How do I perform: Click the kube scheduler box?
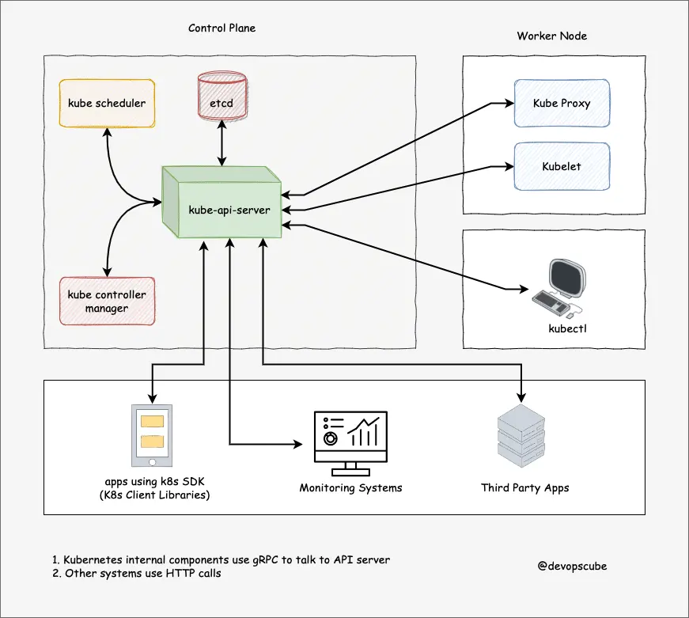click(x=107, y=103)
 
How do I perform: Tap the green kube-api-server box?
click(x=225, y=207)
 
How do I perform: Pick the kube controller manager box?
click(x=107, y=301)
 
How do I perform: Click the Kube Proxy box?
click(x=561, y=103)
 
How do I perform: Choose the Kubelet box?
click(x=561, y=167)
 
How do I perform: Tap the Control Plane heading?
click(x=221, y=28)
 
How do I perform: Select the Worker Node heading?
click(x=551, y=36)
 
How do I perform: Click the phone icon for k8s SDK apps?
click(x=151, y=436)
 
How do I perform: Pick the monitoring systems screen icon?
click(x=350, y=437)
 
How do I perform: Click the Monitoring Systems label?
click(x=350, y=487)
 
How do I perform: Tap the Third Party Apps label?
click(x=524, y=487)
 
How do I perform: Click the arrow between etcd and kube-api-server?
click(x=222, y=144)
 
